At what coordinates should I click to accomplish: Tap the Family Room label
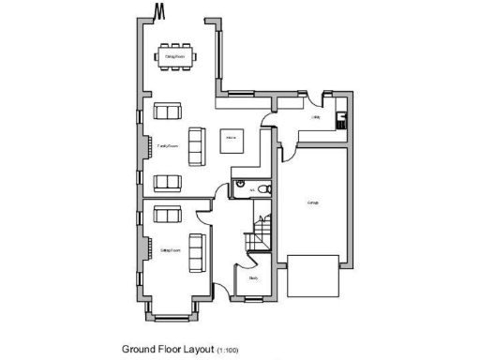coord(169,147)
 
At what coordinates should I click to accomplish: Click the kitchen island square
coord(230,142)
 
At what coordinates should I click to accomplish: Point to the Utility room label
coord(316,118)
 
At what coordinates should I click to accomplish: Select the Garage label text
coord(312,202)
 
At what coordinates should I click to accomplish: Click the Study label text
coord(253,277)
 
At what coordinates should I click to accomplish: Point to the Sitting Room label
coord(170,251)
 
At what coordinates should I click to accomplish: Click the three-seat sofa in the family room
coord(197,142)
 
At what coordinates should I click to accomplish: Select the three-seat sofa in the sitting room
coord(197,248)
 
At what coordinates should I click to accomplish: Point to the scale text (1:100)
coord(228,350)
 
